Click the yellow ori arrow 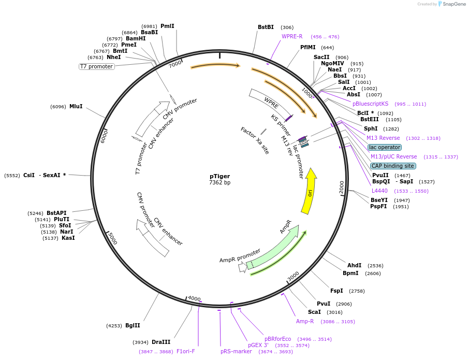click(309, 192)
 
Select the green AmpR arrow click(274, 249)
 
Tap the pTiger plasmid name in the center click(220, 176)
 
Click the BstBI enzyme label click(266, 27)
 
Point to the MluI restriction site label click(76, 106)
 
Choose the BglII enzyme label click(133, 326)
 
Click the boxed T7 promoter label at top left click(96, 66)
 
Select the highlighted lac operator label click(385, 147)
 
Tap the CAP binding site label click(393, 166)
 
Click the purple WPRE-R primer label click(292, 36)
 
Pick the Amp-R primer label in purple click(305, 321)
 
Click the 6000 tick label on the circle click(104, 137)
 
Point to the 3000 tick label click(293, 277)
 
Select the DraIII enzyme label click(161, 342)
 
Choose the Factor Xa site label click(255, 140)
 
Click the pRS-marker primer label click(236, 351)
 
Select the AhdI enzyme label click(354, 265)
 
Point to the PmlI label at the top click(167, 26)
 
